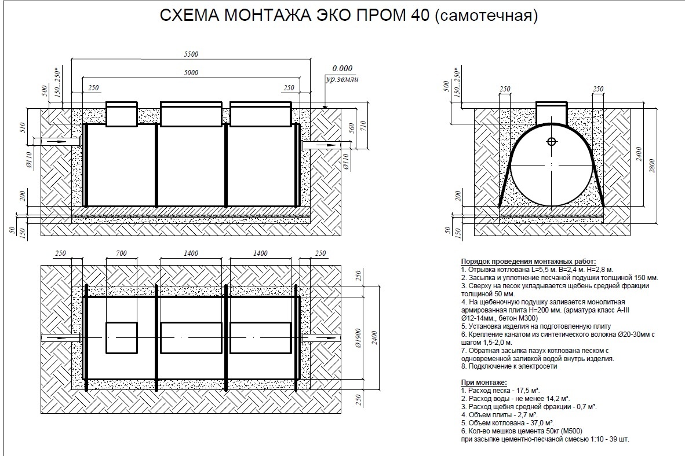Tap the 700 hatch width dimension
pos(121,253)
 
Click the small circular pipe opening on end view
pos(551,141)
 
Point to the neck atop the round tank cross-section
pos(551,113)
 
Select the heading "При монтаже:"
pos(484,383)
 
